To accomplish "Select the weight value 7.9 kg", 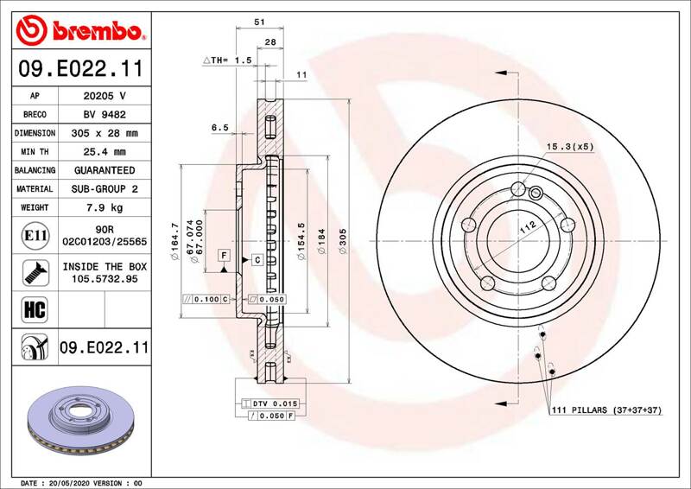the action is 105,207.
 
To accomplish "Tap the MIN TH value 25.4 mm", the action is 105,152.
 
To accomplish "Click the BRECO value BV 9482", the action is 105,115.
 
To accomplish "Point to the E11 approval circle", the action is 35,236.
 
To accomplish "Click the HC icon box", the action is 35,309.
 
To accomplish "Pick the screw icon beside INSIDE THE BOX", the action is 35,272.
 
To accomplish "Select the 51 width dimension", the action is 260,21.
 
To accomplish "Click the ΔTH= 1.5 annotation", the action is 227,60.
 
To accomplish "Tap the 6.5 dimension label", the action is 220,127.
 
